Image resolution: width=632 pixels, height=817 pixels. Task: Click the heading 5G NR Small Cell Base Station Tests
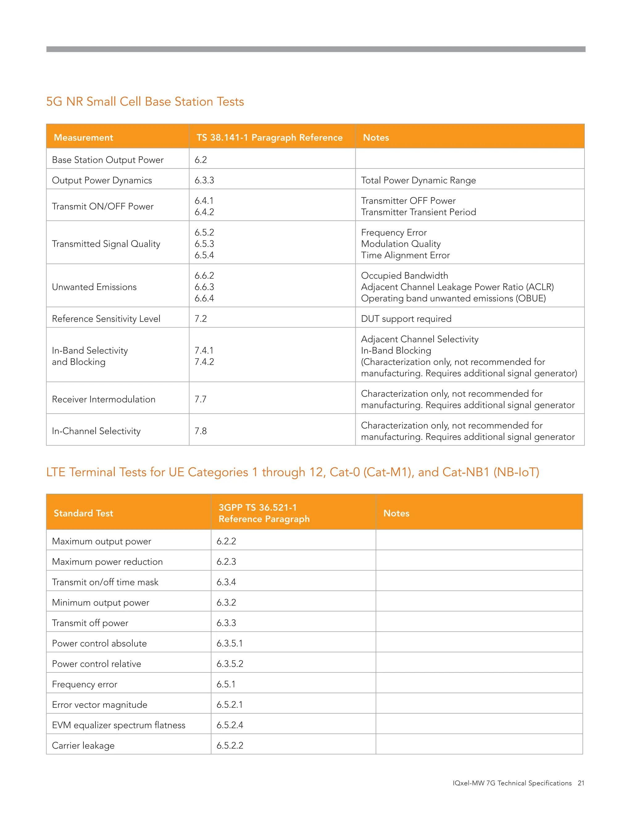click(x=145, y=102)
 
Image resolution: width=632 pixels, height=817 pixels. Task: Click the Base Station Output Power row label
click(x=107, y=160)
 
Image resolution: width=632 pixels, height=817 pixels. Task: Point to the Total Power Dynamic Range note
click(x=418, y=180)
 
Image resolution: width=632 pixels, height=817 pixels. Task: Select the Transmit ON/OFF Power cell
click(x=102, y=207)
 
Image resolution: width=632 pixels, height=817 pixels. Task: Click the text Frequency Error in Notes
click(x=393, y=232)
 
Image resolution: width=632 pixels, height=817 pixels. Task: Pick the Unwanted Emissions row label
click(x=94, y=287)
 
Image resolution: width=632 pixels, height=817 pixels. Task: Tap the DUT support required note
click(x=406, y=319)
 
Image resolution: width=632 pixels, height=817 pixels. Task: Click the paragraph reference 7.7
click(x=200, y=399)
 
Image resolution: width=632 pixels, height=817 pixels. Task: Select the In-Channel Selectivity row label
click(x=96, y=431)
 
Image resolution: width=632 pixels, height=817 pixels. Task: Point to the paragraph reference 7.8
click(x=200, y=431)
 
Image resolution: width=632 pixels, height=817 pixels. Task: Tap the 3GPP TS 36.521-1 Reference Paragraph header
click(x=264, y=513)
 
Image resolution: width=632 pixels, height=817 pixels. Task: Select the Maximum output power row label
click(x=102, y=541)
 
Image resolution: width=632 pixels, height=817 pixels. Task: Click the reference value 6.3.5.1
click(x=230, y=643)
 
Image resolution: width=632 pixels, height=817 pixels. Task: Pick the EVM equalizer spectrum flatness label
click(x=118, y=725)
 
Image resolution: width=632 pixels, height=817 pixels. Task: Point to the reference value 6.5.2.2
click(x=230, y=745)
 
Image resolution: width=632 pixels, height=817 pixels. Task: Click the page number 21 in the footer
click(x=581, y=783)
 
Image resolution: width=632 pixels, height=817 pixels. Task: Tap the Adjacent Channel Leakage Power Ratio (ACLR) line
click(x=457, y=287)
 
